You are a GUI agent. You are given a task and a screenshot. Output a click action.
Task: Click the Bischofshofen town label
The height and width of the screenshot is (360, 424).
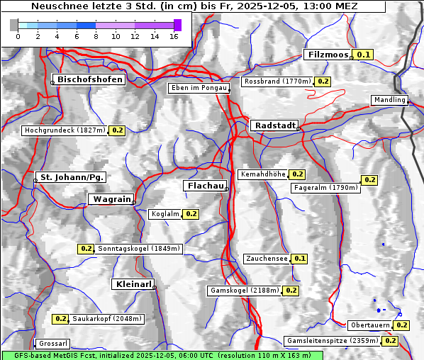pyautogui.click(x=91, y=79)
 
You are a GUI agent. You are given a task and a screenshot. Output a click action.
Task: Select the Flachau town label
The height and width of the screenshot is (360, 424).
pyautogui.click(x=206, y=186)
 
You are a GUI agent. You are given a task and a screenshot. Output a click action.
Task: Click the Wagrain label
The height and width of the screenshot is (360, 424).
pyautogui.click(x=113, y=199)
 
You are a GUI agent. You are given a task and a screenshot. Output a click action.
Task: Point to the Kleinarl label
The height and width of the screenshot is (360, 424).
pyautogui.click(x=133, y=284)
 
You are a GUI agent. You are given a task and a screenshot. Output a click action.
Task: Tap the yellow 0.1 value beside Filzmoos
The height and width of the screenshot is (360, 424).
pyautogui.click(x=364, y=55)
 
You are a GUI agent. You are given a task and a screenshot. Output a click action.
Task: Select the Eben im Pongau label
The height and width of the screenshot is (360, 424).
pyautogui.click(x=199, y=88)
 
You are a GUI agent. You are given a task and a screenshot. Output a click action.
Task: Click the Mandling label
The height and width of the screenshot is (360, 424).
pyautogui.click(x=389, y=100)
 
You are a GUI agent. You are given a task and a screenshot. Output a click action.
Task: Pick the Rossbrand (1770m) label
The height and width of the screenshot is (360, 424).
pyautogui.click(x=277, y=81)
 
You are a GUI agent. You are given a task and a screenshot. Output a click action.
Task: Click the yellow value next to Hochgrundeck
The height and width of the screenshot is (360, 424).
pyautogui.click(x=117, y=130)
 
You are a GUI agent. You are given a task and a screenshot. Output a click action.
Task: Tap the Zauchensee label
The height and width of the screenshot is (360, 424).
pyautogui.click(x=267, y=259)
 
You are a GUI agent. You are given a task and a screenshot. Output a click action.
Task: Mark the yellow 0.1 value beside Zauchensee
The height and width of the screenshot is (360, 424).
pyautogui.click(x=300, y=259)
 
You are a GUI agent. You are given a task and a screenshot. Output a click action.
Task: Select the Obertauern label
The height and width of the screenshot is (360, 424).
pyautogui.click(x=370, y=325)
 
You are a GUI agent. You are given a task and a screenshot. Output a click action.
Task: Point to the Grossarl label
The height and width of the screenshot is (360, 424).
pyautogui.click(x=52, y=344)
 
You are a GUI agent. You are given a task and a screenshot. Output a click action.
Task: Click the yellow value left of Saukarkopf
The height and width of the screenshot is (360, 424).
pyautogui.click(x=61, y=319)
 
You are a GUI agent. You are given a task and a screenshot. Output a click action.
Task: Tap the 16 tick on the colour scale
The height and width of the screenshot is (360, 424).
pyautogui.click(x=174, y=36)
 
